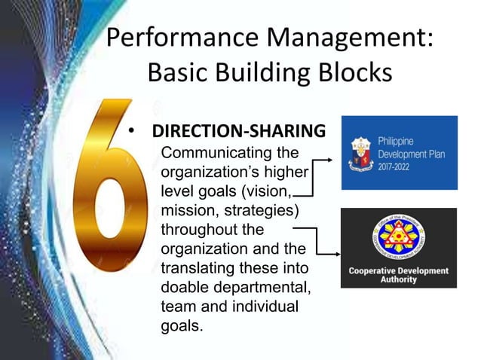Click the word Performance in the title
coord(174,38)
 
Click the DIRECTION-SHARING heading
coord(239,131)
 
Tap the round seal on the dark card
coord(399,239)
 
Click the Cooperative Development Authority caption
coord(399,275)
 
